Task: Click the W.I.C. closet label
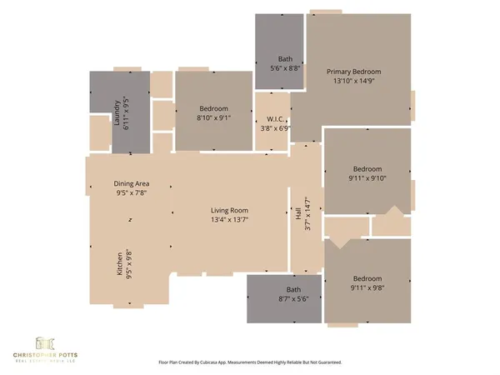click(x=272, y=119)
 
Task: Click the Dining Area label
click(x=131, y=183)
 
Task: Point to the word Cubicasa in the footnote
click(x=219, y=362)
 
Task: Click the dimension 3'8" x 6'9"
click(x=272, y=128)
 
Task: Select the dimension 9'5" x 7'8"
click(x=131, y=192)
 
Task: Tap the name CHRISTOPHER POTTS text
click(x=44, y=356)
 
